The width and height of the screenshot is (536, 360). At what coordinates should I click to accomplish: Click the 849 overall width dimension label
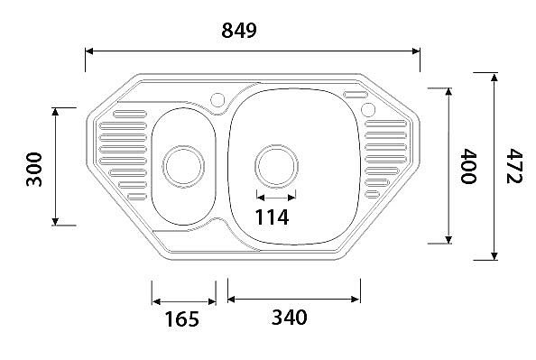coord(239,31)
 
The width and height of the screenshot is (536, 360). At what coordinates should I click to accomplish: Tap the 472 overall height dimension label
coord(513,166)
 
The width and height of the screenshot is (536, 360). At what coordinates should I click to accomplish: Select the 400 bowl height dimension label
coord(468,166)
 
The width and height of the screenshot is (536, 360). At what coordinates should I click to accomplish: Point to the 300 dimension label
coord(34,170)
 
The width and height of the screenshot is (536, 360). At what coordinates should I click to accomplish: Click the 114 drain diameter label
coord(273,217)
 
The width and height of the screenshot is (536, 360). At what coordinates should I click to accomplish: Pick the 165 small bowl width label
coord(182,319)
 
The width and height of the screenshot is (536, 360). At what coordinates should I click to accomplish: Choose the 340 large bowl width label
coord(289,317)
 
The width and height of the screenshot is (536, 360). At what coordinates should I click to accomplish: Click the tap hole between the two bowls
coord(217,100)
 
